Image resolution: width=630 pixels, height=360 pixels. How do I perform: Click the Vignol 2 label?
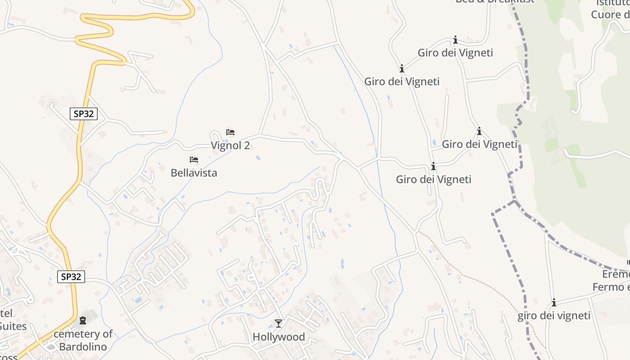click(230, 145)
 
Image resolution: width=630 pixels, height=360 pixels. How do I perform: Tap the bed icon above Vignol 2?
click(230, 132)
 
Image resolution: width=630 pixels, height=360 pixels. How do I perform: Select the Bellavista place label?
click(193, 173)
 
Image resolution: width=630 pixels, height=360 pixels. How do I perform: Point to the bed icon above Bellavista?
click(194, 160)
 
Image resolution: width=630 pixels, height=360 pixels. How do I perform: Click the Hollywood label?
click(279, 337)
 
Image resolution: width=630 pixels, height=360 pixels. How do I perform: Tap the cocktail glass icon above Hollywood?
click(279, 323)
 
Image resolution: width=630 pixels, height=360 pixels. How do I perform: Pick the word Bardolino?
click(83, 347)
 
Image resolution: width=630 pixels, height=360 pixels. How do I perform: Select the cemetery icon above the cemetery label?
click(83, 321)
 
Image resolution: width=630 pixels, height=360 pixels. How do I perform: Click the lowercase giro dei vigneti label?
click(553, 316)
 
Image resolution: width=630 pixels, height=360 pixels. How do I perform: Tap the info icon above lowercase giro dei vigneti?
click(554, 303)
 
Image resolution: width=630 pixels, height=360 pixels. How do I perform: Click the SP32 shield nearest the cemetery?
click(71, 276)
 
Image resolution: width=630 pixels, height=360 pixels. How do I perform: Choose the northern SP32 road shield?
click(84, 114)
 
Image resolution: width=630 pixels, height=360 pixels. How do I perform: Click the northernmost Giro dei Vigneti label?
click(455, 53)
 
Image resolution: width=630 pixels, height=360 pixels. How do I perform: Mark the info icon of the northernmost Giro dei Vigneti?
click(455, 40)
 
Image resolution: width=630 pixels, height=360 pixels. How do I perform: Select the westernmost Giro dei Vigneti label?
click(401, 82)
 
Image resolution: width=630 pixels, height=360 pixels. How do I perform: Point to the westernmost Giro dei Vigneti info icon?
click(402, 69)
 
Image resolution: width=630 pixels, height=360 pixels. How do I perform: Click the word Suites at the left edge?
click(13, 326)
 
